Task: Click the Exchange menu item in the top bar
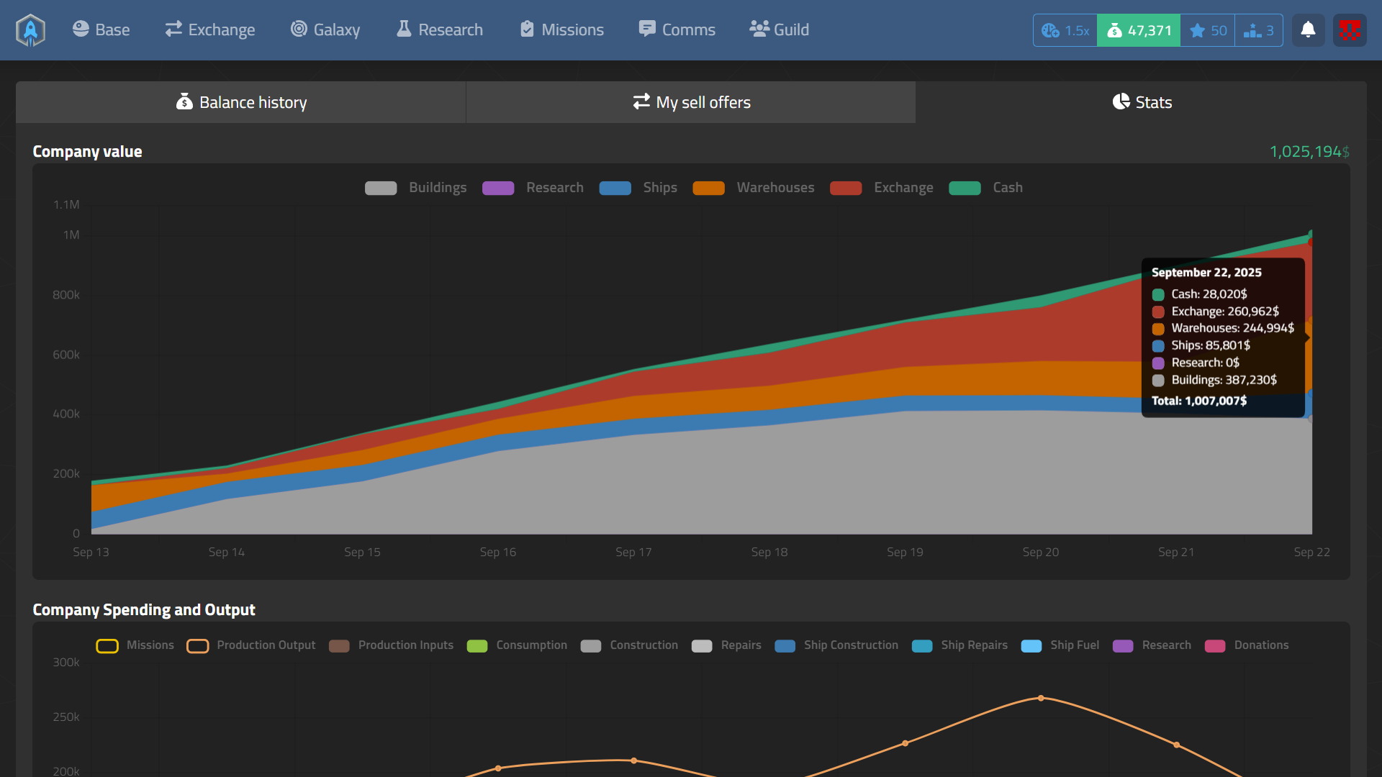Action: tap(209, 29)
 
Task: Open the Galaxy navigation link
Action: tap(325, 29)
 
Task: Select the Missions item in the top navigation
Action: tap(562, 29)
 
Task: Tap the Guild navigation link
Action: tap(780, 29)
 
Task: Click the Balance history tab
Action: tap(241, 102)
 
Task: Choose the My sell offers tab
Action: tap(691, 102)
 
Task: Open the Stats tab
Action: tap(1142, 102)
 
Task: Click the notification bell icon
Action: tap(1308, 30)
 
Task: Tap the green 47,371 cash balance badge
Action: tap(1139, 30)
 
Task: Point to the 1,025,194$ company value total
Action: tap(1309, 152)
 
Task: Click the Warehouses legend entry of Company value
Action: tap(754, 188)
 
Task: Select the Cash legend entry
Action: tap(986, 188)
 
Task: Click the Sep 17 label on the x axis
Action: tap(633, 552)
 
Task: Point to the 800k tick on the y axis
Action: tap(66, 295)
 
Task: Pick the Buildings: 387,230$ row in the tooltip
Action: tap(1223, 380)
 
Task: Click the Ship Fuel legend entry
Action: tap(1060, 645)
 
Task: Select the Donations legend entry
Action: tap(1247, 645)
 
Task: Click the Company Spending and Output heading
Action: tap(144, 610)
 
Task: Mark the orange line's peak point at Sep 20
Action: tap(1041, 698)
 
